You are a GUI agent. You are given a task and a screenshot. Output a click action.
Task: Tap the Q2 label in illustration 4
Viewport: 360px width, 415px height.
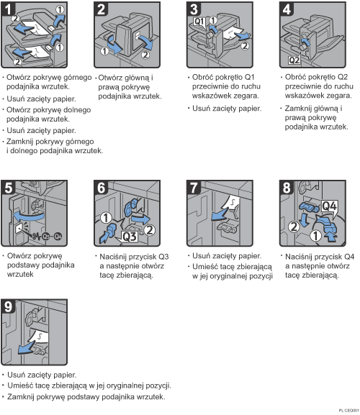pyautogui.click(x=294, y=58)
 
